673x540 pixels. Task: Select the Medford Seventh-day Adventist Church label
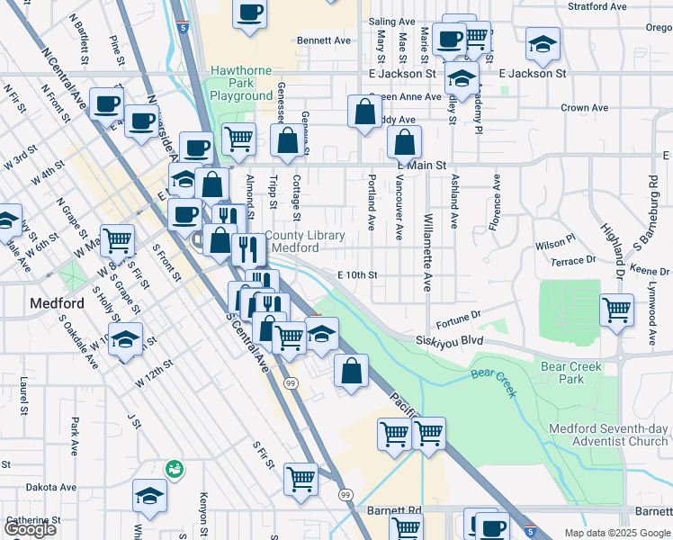point(609,435)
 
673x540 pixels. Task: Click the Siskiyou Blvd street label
point(450,341)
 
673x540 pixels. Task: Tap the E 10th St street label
point(357,274)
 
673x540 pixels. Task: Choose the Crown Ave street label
point(587,108)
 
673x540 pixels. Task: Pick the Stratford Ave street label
point(597,6)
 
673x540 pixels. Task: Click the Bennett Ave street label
point(323,40)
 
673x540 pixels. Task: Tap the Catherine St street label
point(32,520)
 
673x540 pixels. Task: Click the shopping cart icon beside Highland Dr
point(616,310)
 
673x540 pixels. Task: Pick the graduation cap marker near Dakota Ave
point(149,496)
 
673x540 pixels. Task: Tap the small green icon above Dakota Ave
point(172,468)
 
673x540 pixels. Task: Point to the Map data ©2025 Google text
point(616,533)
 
